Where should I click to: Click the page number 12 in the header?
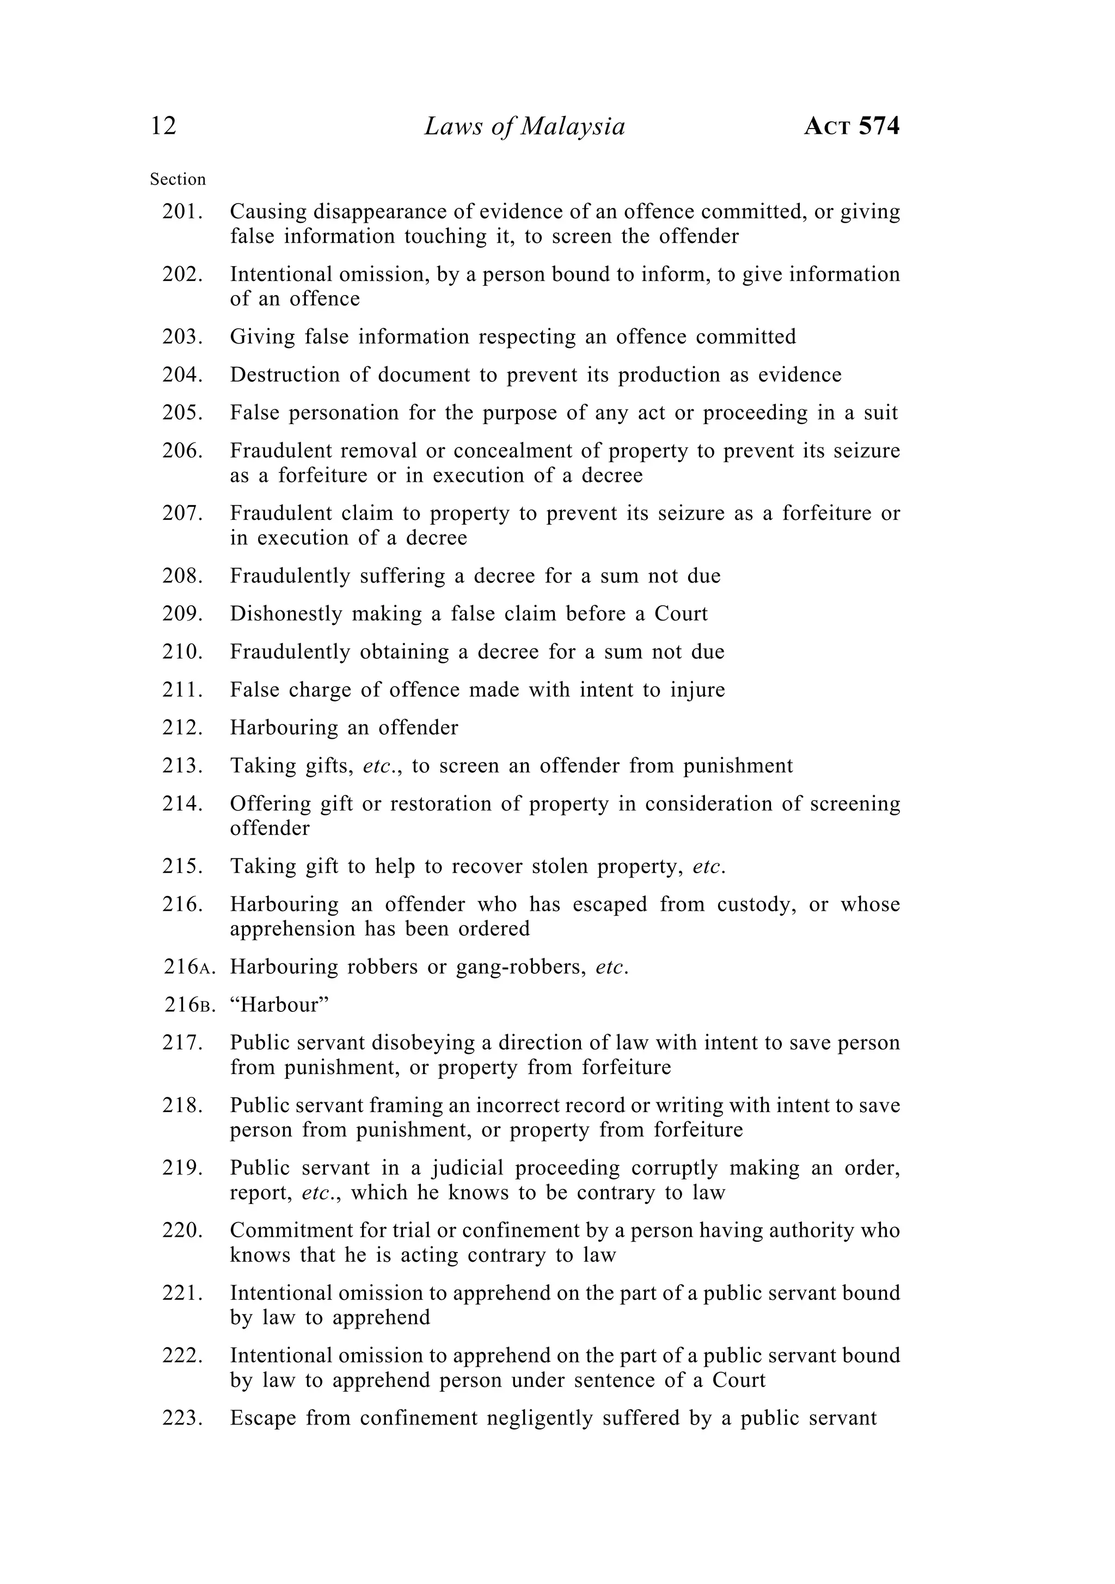163,126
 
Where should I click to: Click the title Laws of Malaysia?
524,127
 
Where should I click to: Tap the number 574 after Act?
880,126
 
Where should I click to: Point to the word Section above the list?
178,180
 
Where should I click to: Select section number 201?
182,212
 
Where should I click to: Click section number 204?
182,374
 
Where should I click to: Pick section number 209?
182,613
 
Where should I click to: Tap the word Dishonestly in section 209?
286,613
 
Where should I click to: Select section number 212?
182,727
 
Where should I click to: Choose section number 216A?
189,967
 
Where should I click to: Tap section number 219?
182,1168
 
